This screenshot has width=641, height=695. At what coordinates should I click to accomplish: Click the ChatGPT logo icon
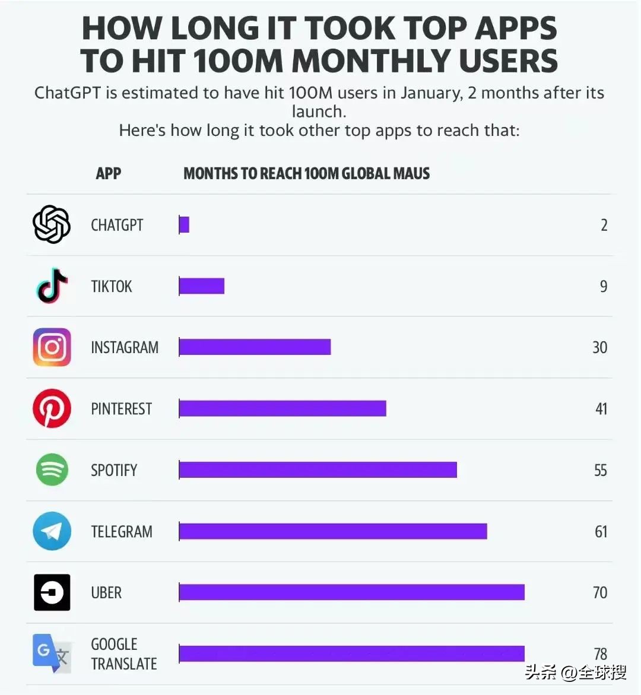pyautogui.click(x=52, y=224)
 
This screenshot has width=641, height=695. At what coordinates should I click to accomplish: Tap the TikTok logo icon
pyautogui.click(x=52, y=285)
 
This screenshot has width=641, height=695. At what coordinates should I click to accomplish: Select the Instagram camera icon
pyautogui.click(x=52, y=347)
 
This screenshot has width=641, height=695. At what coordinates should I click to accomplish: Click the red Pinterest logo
pyautogui.click(x=52, y=408)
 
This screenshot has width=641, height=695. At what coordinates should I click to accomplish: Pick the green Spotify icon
pyautogui.click(x=52, y=469)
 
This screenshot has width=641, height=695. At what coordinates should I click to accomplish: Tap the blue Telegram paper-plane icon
pyautogui.click(x=52, y=531)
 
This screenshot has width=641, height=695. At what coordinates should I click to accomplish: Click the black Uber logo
pyautogui.click(x=52, y=592)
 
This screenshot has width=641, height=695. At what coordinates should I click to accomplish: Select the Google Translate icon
pyautogui.click(x=52, y=653)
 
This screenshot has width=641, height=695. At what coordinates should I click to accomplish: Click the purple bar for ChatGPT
pyautogui.click(x=184, y=225)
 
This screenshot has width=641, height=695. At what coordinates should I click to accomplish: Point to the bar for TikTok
pyautogui.click(x=202, y=286)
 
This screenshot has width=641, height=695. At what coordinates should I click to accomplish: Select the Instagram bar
pyautogui.click(x=255, y=347)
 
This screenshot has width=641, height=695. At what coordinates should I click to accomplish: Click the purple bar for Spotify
pyautogui.click(x=318, y=470)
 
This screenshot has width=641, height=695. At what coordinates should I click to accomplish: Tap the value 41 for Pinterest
pyautogui.click(x=601, y=409)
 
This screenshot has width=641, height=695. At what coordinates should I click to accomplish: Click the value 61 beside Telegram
pyautogui.click(x=601, y=531)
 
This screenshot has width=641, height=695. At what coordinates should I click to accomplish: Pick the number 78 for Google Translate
pyautogui.click(x=600, y=653)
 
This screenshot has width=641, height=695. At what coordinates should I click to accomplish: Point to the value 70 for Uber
pyautogui.click(x=599, y=592)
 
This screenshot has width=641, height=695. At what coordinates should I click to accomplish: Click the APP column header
pyautogui.click(x=108, y=173)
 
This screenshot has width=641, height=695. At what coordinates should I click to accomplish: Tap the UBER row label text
pyautogui.click(x=106, y=592)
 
